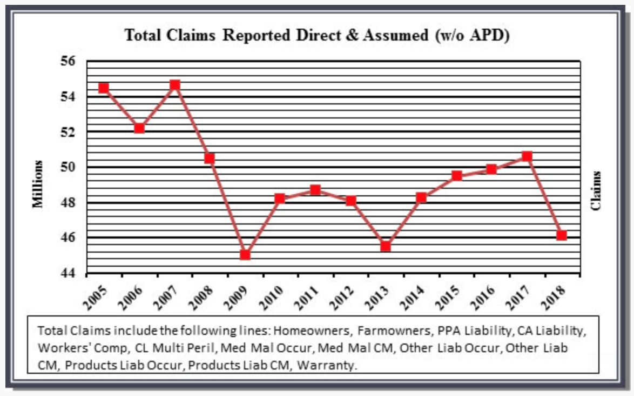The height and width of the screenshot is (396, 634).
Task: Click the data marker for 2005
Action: (x=104, y=88)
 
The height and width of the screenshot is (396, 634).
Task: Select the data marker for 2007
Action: (x=174, y=85)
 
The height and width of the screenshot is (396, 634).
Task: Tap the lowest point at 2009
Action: (x=245, y=254)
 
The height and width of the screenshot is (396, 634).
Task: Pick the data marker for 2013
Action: (x=386, y=246)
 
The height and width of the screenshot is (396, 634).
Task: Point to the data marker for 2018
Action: (x=562, y=235)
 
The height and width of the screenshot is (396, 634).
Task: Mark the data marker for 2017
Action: (x=527, y=156)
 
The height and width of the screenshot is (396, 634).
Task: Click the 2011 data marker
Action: (x=315, y=190)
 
